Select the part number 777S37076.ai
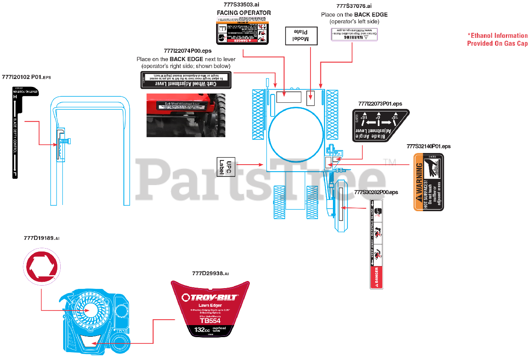click(x=354, y=6)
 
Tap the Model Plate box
click(x=301, y=36)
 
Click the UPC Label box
click(x=226, y=167)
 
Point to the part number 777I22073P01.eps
click(x=380, y=104)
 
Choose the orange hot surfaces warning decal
click(x=429, y=182)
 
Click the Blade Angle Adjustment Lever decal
click(x=380, y=126)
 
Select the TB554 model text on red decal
click(x=210, y=321)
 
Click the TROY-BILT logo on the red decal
click(x=210, y=297)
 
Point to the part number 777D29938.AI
click(x=210, y=273)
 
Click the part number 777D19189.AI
click(x=42, y=238)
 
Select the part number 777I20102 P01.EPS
click(x=26, y=77)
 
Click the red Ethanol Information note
click(x=497, y=39)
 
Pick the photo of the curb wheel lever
click(x=186, y=115)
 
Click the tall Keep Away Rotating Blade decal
click(x=377, y=244)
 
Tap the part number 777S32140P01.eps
click(x=428, y=146)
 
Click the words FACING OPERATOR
click(x=244, y=12)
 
